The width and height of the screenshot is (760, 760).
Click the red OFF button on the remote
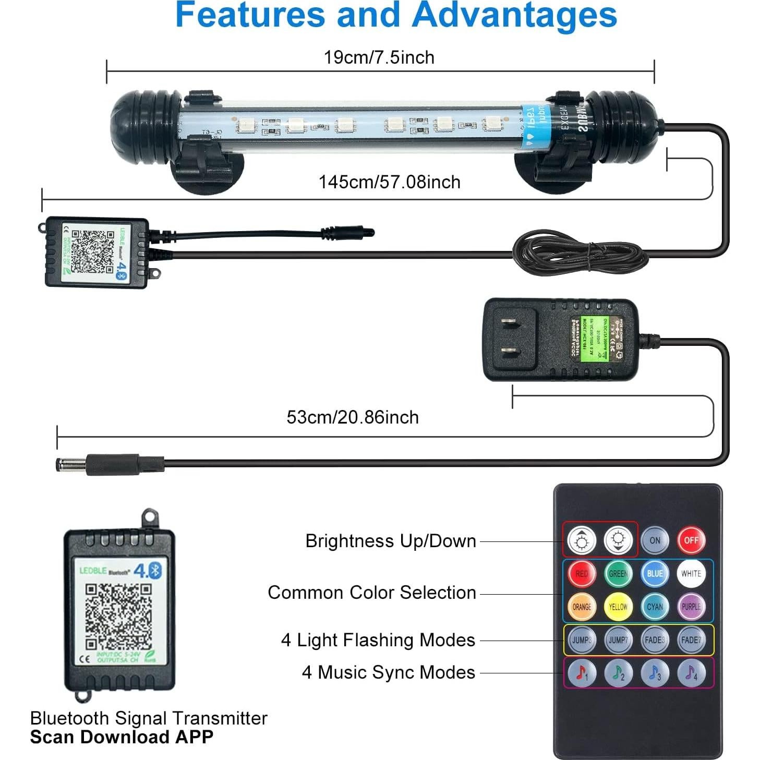click(x=691, y=540)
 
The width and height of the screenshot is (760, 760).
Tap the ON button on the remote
click(x=655, y=540)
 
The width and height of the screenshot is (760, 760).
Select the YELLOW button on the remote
click(x=618, y=607)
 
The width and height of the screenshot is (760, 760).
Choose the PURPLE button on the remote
click(x=691, y=607)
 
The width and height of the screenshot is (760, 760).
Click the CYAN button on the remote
click(x=655, y=607)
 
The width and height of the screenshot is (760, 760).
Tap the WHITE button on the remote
click(x=691, y=573)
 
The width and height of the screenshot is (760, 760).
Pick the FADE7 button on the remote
click(x=691, y=640)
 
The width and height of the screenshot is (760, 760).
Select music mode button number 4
click(x=691, y=673)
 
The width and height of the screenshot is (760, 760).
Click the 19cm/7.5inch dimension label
click(x=379, y=57)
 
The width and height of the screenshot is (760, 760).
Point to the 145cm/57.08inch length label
click(x=389, y=182)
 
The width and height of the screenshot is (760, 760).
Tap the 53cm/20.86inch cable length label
click(x=353, y=417)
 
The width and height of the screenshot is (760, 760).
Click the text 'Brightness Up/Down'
click(x=391, y=541)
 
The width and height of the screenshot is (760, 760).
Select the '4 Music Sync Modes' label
click(x=389, y=672)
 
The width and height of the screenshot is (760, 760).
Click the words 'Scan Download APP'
click(x=122, y=737)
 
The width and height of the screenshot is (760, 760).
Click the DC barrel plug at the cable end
click(x=73, y=464)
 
